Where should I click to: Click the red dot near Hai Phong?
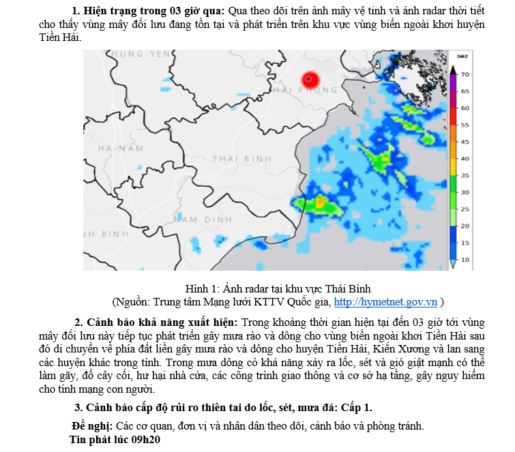tap(310, 79)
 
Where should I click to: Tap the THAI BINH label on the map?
tap(242, 158)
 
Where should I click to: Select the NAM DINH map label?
tap(203, 220)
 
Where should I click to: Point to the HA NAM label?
tap(121, 148)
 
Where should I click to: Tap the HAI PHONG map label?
tap(305, 90)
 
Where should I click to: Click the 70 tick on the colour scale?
tap(465, 74)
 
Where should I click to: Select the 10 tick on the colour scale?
tap(465, 260)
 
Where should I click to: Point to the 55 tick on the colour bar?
tap(465, 125)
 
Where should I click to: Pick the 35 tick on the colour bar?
tap(465, 175)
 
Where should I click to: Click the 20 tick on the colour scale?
tap(465, 226)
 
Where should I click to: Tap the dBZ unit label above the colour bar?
tap(462, 56)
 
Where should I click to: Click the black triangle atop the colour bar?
tap(453, 68)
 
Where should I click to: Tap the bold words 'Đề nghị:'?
tap(91, 426)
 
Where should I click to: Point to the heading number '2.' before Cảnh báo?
tap(79, 322)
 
